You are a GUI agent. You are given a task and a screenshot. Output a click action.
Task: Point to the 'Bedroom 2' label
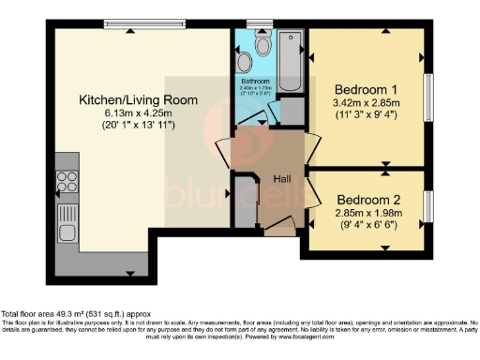click(369, 200)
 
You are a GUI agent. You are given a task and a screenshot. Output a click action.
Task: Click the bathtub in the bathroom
click(289, 60)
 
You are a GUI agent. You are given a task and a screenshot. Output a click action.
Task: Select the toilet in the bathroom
click(246, 61)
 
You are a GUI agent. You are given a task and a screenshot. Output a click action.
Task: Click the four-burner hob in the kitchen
click(67, 180)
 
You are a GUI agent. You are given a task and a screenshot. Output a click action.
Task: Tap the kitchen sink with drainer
click(67, 225)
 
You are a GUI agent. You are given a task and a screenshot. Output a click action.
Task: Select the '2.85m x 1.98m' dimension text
click(369, 214)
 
